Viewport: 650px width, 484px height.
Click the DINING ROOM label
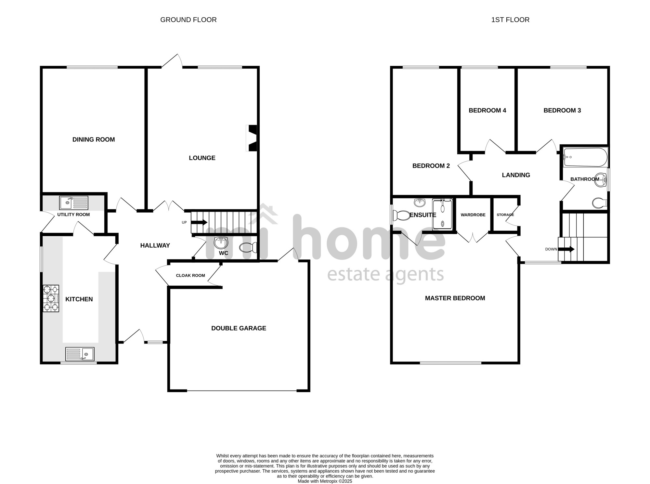coord(94,139)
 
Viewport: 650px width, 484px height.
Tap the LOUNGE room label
coord(202,158)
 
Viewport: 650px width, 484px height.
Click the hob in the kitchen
coord(51,298)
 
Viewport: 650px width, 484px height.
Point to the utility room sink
coord(73,203)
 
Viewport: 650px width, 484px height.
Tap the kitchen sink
coord(80,354)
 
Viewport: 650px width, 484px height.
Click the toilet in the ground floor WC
coord(248,248)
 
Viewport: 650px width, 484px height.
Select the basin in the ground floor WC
coord(221,242)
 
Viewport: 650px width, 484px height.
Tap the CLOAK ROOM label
coord(190,276)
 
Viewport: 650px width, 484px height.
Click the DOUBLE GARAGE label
coord(239,328)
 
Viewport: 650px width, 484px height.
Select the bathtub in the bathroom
coord(585,157)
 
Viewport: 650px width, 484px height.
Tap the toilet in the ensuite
coord(402,215)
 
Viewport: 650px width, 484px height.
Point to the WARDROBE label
coord(473,215)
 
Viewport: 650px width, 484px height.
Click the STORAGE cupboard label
coord(505,215)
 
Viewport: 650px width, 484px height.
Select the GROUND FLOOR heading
coord(188,20)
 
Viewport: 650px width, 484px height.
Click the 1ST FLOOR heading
coord(510,20)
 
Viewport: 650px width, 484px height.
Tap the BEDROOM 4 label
coord(487,111)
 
